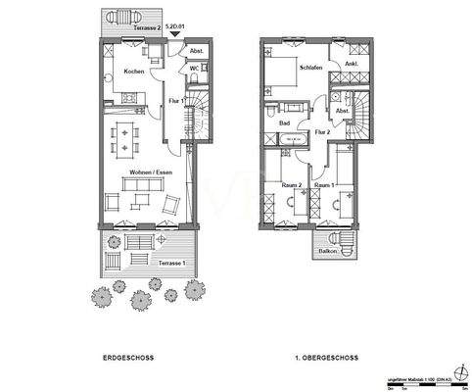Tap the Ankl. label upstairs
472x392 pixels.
pyautogui.click(x=351, y=65)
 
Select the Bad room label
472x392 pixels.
pyautogui.click(x=284, y=123)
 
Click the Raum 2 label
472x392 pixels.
pyautogui.click(x=291, y=184)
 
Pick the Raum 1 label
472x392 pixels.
pyautogui.click(x=325, y=184)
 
